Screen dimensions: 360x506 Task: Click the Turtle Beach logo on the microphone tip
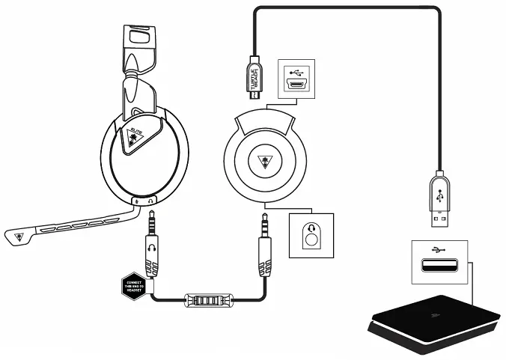(x=16, y=239)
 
